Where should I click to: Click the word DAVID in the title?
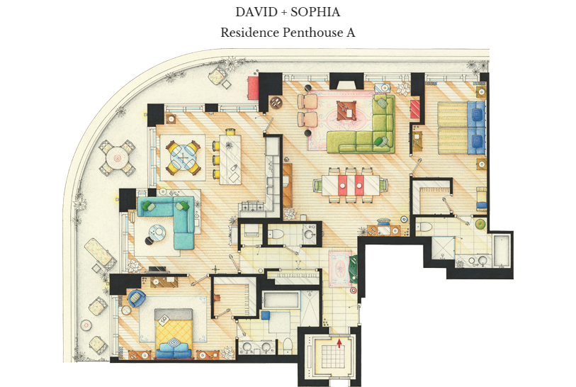click(x=256, y=12)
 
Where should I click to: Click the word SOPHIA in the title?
click(x=315, y=12)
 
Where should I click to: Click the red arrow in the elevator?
click(x=339, y=343)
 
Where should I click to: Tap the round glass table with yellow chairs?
click(x=183, y=157)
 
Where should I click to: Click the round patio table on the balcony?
click(x=117, y=158)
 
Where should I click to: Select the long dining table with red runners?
click(x=351, y=185)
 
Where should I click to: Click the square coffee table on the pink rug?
click(x=346, y=111)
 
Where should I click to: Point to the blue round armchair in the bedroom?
click(x=136, y=298)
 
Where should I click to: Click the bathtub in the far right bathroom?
click(x=501, y=251)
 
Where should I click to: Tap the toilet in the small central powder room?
click(x=276, y=233)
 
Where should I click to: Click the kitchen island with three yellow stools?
click(x=230, y=159)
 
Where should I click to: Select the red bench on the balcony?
click(x=253, y=87)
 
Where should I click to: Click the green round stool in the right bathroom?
click(x=480, y=223)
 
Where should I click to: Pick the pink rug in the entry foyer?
click(x=339, y=269)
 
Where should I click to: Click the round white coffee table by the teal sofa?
click(x=158, y=232)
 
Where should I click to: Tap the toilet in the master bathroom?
click(x=288, y=344)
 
